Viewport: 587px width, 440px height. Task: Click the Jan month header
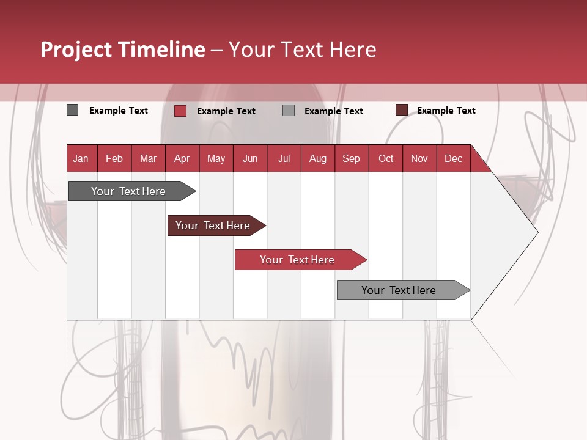(x=81, y=158)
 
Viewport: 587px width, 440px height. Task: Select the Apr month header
(x=182, y=158)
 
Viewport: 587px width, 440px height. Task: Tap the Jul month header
(x=284, y=158)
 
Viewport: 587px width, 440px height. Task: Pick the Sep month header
(x=351, y=158)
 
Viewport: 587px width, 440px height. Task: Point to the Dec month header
(x=453, y=158)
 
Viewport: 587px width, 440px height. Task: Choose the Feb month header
(x=114, y=158)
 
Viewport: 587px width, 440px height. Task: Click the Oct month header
(x=386, y=158)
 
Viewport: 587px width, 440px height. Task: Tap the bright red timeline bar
(x=298, y=260)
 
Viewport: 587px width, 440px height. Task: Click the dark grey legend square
(x=72, y=110)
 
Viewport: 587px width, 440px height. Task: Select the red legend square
(x=180, y=111)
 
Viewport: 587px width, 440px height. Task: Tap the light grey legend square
(x=289, y=111)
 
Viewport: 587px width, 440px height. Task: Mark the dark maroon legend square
(x=401, y=110)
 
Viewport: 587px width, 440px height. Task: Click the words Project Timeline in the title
(x=122, y=50)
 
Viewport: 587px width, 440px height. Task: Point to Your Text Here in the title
(x=302, y=50)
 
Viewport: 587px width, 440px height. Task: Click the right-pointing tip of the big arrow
(x=536, y=232)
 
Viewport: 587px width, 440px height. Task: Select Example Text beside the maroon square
(x=446, y=111)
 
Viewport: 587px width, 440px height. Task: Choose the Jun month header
(x=249, y=158)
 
